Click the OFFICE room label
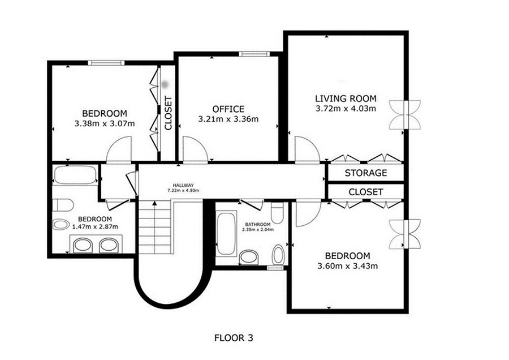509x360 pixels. [228, 109]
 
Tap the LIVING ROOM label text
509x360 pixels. [346, 98]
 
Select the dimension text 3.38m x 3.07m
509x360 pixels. [105, 123]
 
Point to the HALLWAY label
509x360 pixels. [183, 185]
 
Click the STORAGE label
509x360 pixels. [366, 173]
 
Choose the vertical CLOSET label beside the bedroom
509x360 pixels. [168, 113]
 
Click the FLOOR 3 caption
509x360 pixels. [234, 338]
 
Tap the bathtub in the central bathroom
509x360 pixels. [226, 233]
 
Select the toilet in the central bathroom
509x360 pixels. [277, 212]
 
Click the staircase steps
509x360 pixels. [155, 228]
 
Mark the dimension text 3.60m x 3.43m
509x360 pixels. [347, 266]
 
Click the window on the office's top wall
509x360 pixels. [255, 54]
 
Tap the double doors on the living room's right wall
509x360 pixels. [405, 115]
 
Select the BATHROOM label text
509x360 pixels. [258, 225]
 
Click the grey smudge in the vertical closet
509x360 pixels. [166, 84]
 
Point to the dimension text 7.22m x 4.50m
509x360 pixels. [183, 190]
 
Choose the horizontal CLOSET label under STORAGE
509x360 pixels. [366, 192]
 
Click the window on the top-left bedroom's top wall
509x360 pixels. [106, 63]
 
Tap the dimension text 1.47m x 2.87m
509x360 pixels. [95, 227]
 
